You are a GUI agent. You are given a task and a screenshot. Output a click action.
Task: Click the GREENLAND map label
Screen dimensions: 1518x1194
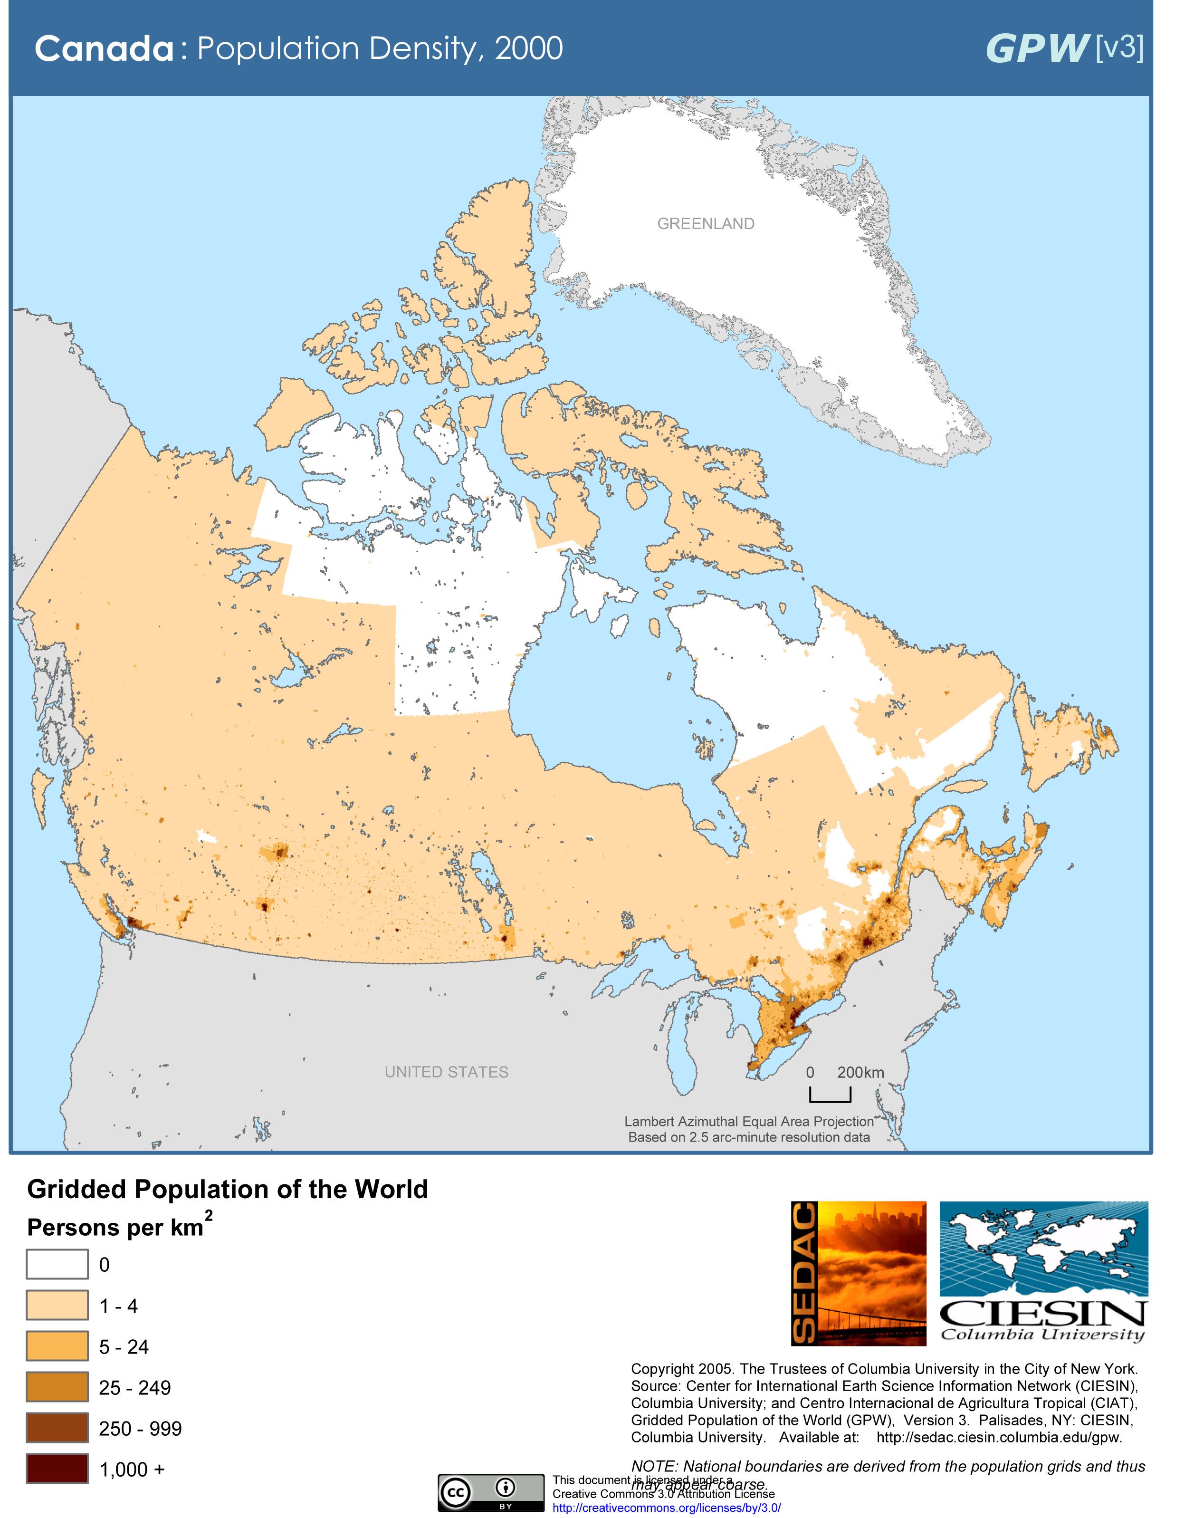pos(706,224)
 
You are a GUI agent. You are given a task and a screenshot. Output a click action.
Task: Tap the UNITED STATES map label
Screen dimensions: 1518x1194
pos(446,1072)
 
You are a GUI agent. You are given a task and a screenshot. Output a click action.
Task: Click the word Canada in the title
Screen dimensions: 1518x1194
pos(104,49)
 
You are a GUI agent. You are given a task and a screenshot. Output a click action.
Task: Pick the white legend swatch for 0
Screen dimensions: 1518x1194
pos(57,1264)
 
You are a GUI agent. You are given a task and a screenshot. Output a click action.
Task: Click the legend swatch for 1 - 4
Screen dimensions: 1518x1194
pos(57,1305)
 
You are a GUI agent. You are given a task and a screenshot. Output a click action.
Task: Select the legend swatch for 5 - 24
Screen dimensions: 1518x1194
pos(57,1346)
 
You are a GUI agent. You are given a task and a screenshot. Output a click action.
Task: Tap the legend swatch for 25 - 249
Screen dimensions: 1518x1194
pos(57,1386)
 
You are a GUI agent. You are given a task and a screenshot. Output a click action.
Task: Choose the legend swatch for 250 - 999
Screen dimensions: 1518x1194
pos(57,1428)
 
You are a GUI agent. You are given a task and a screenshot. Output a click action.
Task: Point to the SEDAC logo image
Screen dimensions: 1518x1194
pos(859,1273)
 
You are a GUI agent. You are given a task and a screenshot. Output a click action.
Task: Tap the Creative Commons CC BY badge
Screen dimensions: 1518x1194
pos(491,1493)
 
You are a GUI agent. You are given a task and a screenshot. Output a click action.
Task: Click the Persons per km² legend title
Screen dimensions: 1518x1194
pos(119,1227)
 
